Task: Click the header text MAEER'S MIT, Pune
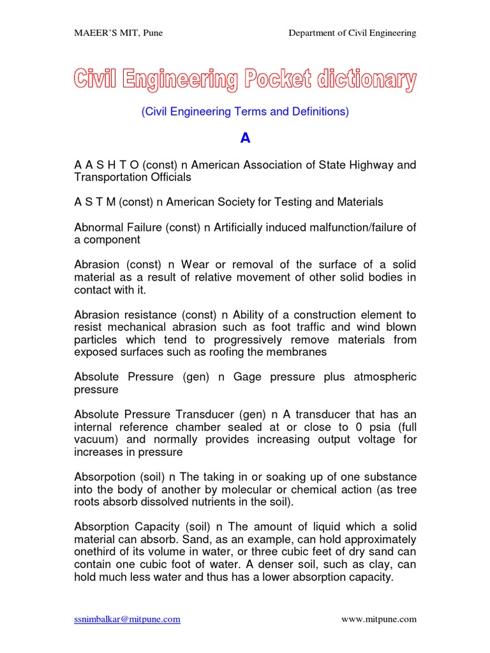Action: point(118,33)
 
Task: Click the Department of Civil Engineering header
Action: point(352,33)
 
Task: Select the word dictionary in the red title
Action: point(367,80)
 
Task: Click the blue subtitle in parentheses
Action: point(245,112)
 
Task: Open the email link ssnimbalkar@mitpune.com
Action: point(127,619)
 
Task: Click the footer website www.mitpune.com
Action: point(379,619)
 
